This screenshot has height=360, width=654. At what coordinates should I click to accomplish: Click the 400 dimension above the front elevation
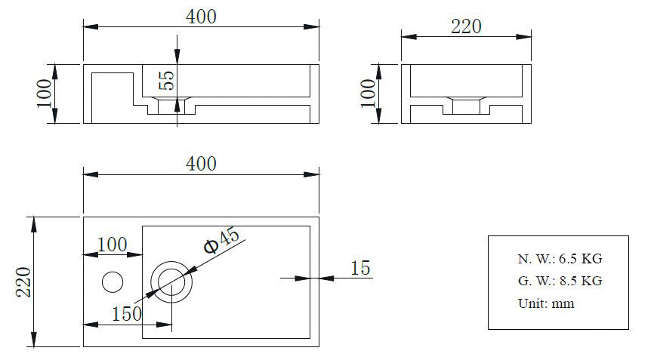(x=202, y=17)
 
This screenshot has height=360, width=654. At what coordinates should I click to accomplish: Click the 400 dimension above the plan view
(x=202, y=164)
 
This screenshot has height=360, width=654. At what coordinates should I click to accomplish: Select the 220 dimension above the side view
(x=466, y=26)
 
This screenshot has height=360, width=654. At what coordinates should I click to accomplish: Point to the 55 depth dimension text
(x=166, y=80)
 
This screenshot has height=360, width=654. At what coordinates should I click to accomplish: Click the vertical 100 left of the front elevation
(x=45, y=94)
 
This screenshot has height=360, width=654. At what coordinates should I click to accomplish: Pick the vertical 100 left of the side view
(x=368, y=94)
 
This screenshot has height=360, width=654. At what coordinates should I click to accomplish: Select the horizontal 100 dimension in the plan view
(x=111, y=245)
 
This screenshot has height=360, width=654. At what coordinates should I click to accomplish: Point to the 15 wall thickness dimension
(x=360, y=268)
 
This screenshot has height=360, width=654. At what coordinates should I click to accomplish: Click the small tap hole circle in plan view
(x=112, y=282)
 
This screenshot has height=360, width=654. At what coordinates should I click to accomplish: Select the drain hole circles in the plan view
(x=171, y=282)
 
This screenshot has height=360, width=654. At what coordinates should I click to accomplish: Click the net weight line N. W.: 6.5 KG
(x=560, y=259)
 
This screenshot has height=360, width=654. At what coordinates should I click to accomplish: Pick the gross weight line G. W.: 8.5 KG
(x=560, y=281)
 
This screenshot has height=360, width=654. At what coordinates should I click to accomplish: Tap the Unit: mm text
(x=545, y=303)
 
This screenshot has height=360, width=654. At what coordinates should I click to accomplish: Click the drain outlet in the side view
(x=466, y=106)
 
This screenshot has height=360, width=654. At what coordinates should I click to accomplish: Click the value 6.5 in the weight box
(x=567, y=259)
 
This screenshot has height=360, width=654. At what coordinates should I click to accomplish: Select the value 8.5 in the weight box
(x=567, y=281)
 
